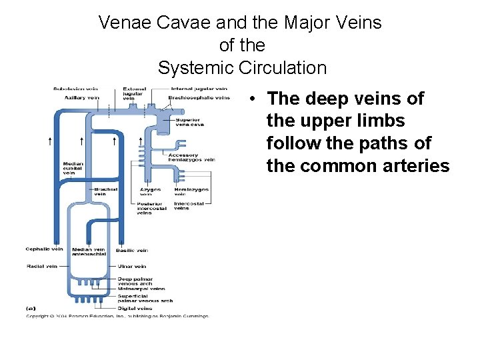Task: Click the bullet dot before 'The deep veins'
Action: tap(255, 99)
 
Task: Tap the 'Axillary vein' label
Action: tap(81, 97)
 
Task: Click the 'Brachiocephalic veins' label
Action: tap(199, 97)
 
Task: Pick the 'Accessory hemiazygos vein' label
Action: tap(192, 157)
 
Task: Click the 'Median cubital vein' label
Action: tap(73, 166)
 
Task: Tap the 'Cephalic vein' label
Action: tap(44, 249)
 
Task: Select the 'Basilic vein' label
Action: tap(131, 250)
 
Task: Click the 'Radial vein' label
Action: tap(42, 265)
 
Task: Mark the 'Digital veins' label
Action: tap(135, 308)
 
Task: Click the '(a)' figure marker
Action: tap(31, 309)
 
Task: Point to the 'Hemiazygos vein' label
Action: tap(191, 191)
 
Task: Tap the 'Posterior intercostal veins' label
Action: tap(152, 208)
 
